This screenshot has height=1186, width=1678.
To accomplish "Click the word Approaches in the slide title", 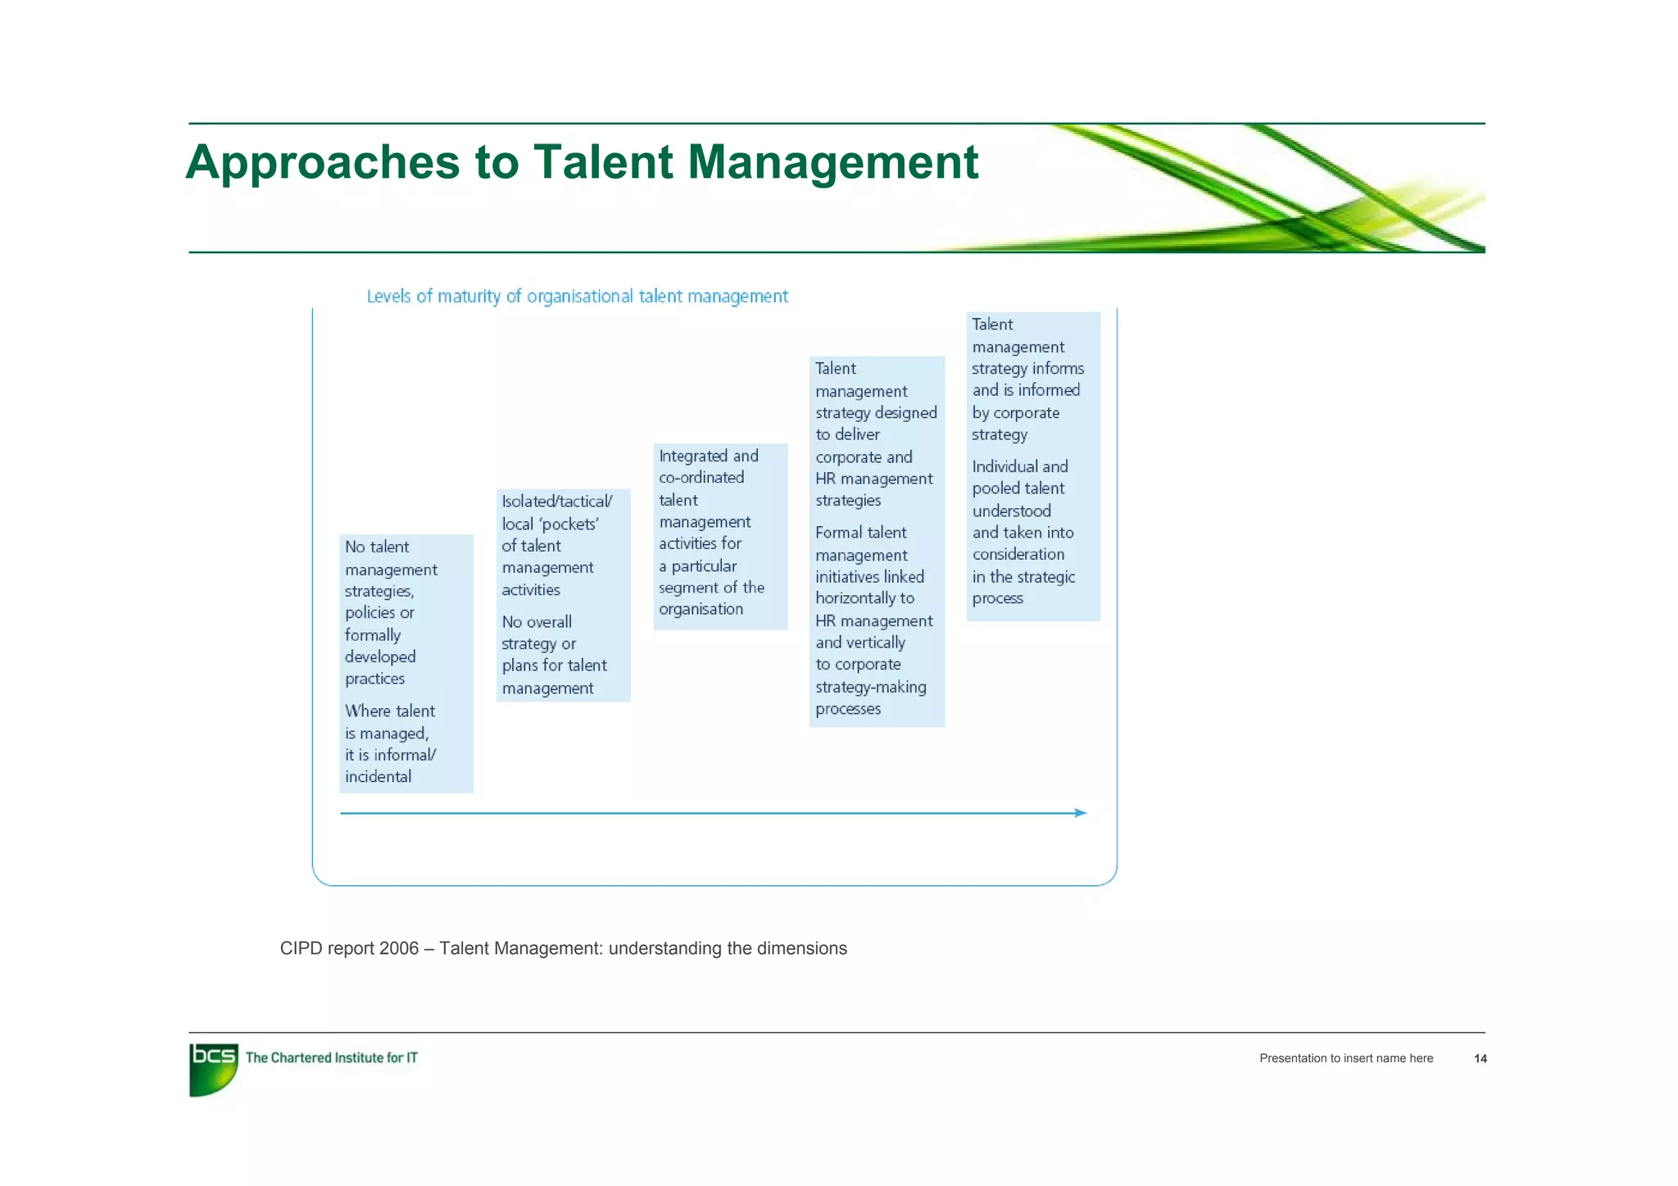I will pyautogui.click(x=323, y=162).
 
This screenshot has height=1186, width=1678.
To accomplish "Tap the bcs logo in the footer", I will pyautogui.click(x=213, y=1068).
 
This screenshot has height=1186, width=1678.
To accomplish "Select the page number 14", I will pyautogui.click(x=1480, y=1059).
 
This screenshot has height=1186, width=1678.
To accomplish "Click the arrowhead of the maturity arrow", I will pyautogui.click(x=1081, y=813).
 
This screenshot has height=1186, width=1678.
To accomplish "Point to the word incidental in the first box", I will pyautogui.click(x=378, y=777).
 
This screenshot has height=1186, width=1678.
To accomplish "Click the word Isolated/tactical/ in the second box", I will pyautogui.click(x=556, y=502).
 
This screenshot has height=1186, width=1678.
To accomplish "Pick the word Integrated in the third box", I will pyautogui.click(x=693, y=457).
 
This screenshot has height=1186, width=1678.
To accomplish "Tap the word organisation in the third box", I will pyautogui.click(x=701, y=609).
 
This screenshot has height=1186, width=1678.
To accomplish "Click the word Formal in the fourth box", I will pyautogui.click(x=837, y=533).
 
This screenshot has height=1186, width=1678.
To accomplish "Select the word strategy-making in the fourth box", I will pyautogui.click(x=870, y=687).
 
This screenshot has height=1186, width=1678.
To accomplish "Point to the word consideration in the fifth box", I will pyautogui.click(x=1018, y=555).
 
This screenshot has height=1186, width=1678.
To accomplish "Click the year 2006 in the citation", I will pyautogui.click(x=399, y=948).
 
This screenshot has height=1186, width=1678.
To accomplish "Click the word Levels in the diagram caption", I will pyautogui.click(x=388, y=296).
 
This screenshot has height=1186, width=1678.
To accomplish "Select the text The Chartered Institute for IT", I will pyautogui.click(x=331, y=1057).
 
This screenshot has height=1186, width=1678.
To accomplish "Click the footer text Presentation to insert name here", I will pyautogui.click(x=1345, y=1058).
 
